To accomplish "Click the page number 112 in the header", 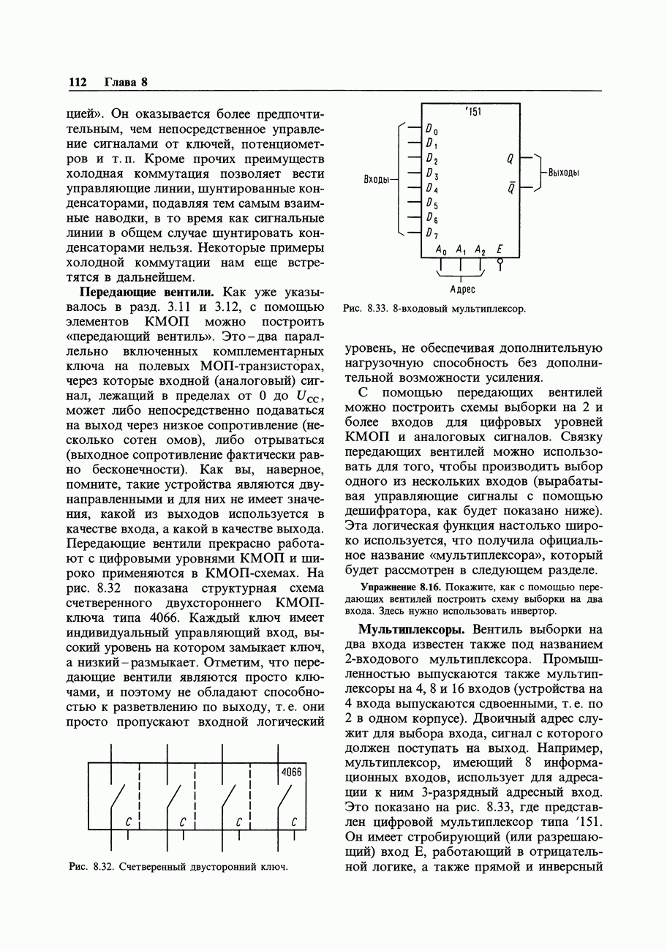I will (x=78, y=82).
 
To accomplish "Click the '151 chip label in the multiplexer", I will (x=472, y=112).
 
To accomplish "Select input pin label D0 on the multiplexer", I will (x=432, y=130).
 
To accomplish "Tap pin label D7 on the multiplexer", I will (x=432, y=233).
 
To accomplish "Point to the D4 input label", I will (x=432, y=189).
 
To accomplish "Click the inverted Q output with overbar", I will (x=510, y=188).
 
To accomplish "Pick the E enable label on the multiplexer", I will (x=500, y=250).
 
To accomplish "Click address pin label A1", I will (x=461, y=250).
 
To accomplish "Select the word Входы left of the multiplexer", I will (x=379, y=179).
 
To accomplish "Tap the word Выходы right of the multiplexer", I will (x=564, y=173).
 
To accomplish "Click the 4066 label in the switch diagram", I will (x=291, y=773).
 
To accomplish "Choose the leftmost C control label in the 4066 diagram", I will (x=127, y=822).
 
